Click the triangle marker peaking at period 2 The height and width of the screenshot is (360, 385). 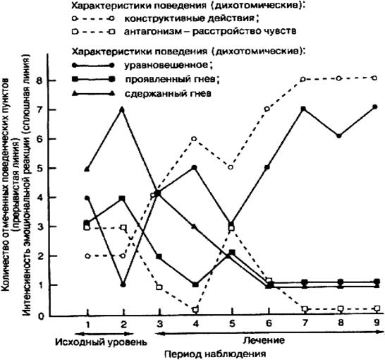coord(123,109)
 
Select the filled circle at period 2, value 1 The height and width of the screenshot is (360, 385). coord(123,285)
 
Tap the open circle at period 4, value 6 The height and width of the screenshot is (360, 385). coord(194,139)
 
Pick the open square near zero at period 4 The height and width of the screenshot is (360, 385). coord(195,309)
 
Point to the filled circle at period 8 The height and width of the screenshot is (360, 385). coord(339,136)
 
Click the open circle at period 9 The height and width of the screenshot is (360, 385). coord(374,78)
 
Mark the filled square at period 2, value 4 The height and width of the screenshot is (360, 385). coord(123,198)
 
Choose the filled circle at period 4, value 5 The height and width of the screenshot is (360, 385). coord(195,167)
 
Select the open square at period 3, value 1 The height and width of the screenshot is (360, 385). coord(159,287)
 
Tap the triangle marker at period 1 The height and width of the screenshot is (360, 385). coord(87,169)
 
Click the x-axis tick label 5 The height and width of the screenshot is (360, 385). coord(231,323)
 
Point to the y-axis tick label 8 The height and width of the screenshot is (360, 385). coord(39,80)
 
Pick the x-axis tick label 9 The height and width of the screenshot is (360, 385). coord(377,323)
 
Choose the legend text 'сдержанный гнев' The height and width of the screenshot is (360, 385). coord(168,94)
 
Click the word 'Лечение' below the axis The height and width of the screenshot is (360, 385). coord(264,340)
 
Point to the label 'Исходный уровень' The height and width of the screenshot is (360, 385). coord(101,342)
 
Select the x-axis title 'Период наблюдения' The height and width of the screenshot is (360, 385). coord(215,354)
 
